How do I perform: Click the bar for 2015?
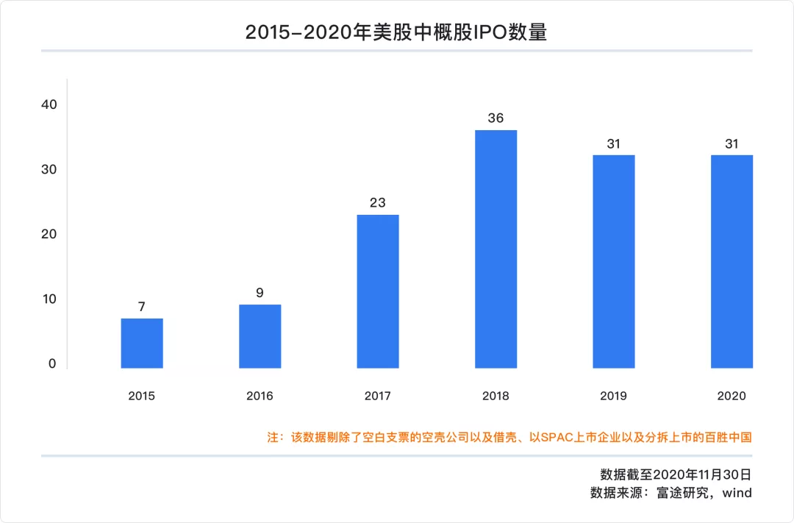point(142,344)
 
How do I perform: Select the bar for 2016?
point(260,336)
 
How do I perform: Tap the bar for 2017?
point(378,291)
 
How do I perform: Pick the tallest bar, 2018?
point(496,249)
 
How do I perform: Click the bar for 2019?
point(614,261)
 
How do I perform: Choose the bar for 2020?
point(732,261)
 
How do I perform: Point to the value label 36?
point(496,118)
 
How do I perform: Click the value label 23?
point(378,202)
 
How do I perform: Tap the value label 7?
point(142,305)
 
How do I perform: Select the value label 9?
point(260,292)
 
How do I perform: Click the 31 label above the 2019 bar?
point(614,143)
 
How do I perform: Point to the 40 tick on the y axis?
point(49,104)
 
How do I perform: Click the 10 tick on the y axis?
point(49,299)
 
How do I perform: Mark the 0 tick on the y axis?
point(52,363)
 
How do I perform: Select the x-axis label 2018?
point(496,396)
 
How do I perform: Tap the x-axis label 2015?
point(142,396)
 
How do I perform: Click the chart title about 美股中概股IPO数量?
point(396,32)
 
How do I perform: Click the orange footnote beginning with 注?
point(509,437)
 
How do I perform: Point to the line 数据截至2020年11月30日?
point(676,474)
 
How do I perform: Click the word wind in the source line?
point(737,493)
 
